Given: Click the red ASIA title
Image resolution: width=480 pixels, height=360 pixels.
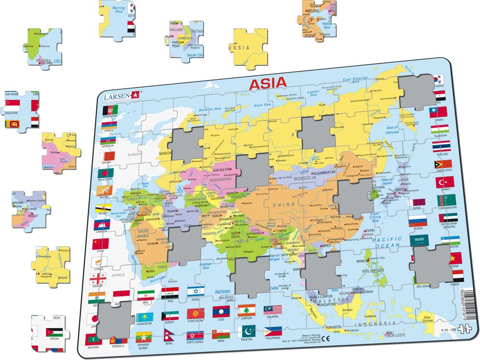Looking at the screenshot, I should tap(267, 84).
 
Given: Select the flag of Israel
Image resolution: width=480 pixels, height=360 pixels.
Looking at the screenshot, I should tap(195, 291).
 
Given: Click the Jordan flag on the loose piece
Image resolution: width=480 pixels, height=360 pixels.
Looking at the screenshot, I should tap(53, 332).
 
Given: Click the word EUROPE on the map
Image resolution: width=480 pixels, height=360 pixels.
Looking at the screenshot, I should tap(135, 155).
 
